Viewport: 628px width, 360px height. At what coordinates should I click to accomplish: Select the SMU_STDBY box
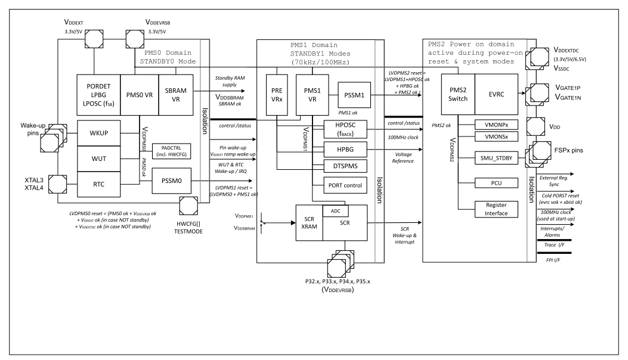tap(492, 157)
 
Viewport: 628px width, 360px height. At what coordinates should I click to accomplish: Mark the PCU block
tap(492, 182)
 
